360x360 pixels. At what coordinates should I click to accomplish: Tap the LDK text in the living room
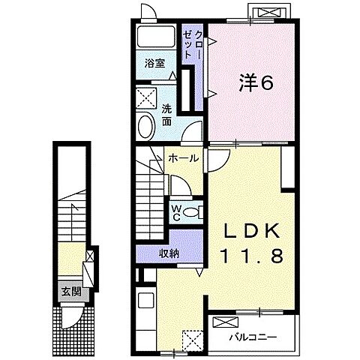(252, 230)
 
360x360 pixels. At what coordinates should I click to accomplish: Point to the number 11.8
(252, 256)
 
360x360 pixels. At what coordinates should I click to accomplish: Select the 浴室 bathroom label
(154, 64)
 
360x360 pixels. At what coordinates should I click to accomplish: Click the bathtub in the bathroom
(156, 37)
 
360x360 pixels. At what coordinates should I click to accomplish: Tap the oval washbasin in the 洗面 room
(147, 126)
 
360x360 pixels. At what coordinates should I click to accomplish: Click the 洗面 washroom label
(166, 115)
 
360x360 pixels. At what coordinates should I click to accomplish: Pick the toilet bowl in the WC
(190, 212)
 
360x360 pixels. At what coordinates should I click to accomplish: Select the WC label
(176, 213)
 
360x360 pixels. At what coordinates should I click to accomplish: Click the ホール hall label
(184, 158)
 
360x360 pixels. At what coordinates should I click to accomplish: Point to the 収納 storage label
(169, 254)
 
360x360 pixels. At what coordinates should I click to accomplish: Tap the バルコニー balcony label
(253, 337)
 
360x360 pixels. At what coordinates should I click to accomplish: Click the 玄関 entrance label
(72, 292)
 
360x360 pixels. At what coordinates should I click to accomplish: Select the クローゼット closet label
(192, 44)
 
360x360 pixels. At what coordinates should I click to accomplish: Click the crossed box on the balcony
(225, 322)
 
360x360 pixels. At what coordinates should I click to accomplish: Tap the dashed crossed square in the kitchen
(192, 340)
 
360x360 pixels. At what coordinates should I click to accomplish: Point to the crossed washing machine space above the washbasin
(146, 98)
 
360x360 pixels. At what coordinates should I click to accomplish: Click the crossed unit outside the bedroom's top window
(269, 12)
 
